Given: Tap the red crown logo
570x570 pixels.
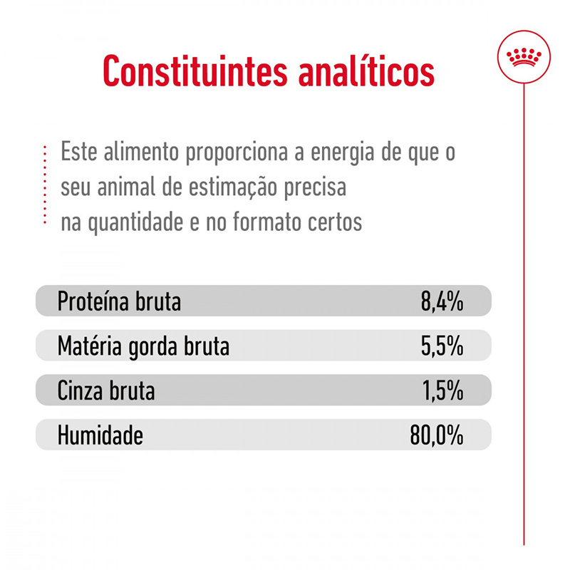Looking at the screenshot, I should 524,56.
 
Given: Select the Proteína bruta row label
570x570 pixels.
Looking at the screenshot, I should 119,301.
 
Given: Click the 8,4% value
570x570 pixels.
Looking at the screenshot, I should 442,301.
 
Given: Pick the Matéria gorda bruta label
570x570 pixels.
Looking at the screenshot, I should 143,346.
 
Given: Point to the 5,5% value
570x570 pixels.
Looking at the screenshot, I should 442,346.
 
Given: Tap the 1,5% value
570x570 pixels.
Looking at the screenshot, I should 442,390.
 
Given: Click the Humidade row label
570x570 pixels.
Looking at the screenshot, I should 100,435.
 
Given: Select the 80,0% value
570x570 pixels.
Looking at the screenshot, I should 437,435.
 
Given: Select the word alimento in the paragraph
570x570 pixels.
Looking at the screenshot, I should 134,154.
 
